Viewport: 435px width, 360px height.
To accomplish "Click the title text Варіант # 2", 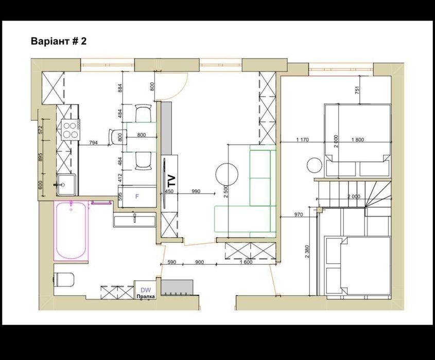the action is [x=59, y=41].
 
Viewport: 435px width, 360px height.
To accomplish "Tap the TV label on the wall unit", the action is [x=172, y=181].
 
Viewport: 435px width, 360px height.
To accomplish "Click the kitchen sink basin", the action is [x=66, y=185].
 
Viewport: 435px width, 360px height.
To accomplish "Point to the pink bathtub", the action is [x=71, y=230].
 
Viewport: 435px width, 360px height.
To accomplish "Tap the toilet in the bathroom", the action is [x=64, y=279].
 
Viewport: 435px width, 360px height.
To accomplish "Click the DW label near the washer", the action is [x=146, y=290].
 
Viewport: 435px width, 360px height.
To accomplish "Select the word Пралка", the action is [x=146, y=297].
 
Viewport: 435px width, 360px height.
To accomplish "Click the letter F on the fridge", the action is [x=137, y=196].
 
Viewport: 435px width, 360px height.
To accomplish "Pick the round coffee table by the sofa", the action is [x=227, y=174].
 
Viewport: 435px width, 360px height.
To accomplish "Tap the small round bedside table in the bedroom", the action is [x=315, y=165].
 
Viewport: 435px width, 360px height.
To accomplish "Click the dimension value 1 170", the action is [x=302, y=140].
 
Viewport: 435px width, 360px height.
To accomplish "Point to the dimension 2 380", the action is [x=307, y=251].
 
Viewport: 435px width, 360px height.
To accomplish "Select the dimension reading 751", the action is [x=357, y=90].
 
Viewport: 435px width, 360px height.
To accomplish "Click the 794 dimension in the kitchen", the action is [x=93, y=143].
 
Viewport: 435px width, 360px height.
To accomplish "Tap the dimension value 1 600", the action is [x=246, y=262].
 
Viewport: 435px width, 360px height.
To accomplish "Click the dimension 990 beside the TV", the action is [x=196, y=191].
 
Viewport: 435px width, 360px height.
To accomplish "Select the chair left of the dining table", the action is [x=115, y=137].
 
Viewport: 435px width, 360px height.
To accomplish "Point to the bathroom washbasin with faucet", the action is [x=134, y=221].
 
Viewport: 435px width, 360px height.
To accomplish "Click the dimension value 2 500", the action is [x=227, y=191].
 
